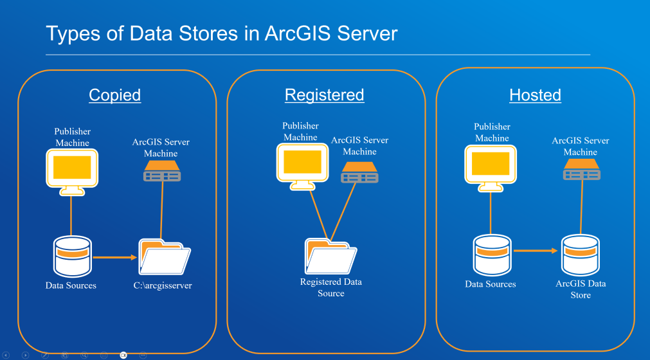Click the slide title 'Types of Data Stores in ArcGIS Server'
coord(222,33)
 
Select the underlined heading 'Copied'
coord(114,95)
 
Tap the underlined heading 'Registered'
coord(324,95)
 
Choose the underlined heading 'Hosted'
coord(535,95)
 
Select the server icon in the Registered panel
coord(359,172)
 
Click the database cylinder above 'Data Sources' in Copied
coord(71,256)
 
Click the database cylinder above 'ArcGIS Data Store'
coord(581,255)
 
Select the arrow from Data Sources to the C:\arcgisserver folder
coord(116,257)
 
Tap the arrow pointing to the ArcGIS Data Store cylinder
coord(536,251)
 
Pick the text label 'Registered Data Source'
coord(331,287)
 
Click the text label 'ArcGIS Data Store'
coord(581,289)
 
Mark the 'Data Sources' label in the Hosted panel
coord(491,283)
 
